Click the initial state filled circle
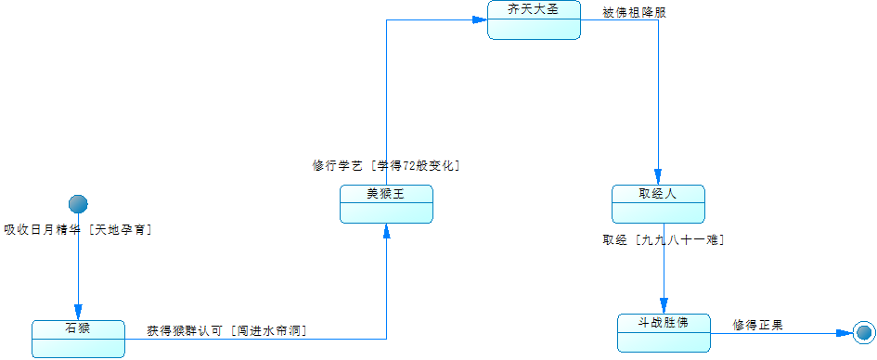click(78, 204)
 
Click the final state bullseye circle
click(864, 333)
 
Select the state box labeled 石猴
click(78, 339)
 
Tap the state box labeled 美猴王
click(386, 204)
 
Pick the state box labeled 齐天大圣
click(534, 20)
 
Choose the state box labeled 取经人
click(658, 204)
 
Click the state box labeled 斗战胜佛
click(664, 332)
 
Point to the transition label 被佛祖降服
click(634, 13)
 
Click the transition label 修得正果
click(757, 325)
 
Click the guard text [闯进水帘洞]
click(268, 330)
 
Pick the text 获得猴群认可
click(185, 330)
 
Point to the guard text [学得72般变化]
click(415, 166)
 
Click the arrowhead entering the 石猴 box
click(78, 313)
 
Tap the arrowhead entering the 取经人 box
click(658, 178)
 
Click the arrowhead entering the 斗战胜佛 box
click(664, 306)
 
